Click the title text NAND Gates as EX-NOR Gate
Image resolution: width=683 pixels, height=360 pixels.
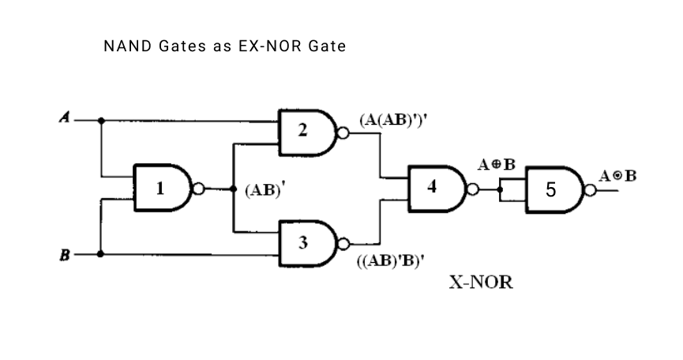[224, 47]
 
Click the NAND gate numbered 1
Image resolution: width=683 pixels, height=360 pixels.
[163, 189]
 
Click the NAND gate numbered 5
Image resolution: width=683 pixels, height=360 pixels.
[553, 189]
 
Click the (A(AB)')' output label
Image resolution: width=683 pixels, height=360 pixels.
[398, 121]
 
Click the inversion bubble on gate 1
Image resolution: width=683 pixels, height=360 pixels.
[199, 189]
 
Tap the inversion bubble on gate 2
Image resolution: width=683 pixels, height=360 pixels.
[343, 132]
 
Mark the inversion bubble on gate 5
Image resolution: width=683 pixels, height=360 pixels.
[589, 190]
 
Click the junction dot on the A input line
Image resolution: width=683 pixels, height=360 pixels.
[101, 121]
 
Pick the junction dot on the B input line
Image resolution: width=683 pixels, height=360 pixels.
[101, 254]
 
